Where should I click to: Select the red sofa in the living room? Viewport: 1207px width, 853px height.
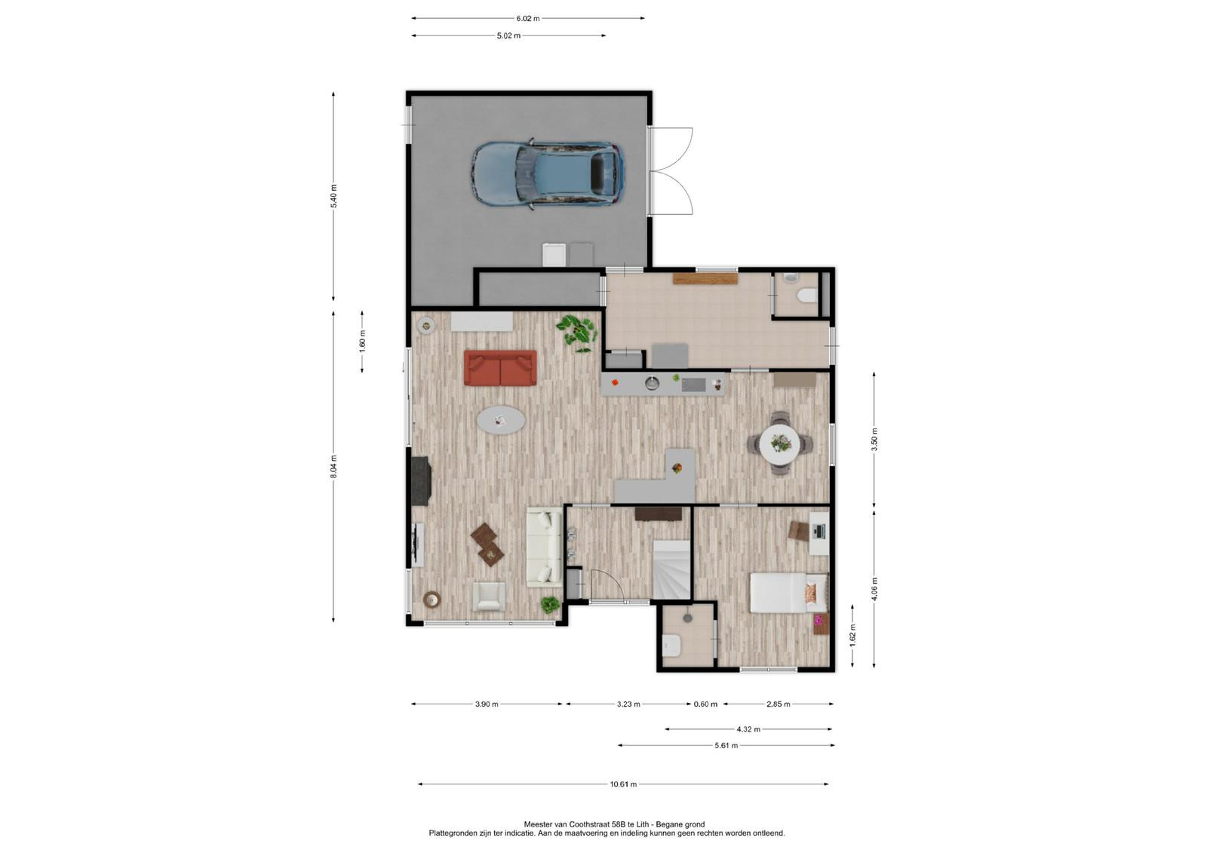[x=501, y=368]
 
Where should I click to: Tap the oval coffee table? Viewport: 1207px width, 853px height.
[x=124, y=420]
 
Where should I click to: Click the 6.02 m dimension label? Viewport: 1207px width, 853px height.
[x=527, y=18]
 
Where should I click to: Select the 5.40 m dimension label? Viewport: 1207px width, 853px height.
[x=333, y=196]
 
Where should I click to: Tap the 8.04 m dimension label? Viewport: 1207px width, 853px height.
[x=333, y=466]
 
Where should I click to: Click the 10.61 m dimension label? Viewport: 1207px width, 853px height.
[x=623, y=784]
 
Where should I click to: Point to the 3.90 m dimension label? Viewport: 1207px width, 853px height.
[x=487, y=704]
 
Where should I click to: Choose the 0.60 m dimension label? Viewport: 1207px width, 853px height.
[x=706, y=704]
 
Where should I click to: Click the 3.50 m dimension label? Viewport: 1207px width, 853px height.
[x=874, y=439]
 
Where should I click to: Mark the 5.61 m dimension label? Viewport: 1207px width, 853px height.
[x=726, y=745]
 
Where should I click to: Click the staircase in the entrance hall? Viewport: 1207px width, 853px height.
[x=671, y=569]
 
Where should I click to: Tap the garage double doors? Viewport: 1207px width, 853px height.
[x=671, y=171]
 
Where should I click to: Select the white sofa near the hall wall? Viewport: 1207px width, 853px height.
[x=544, y=547]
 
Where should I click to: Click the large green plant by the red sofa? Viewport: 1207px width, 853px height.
[x=577, y=333]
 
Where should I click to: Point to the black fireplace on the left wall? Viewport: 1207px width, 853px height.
[x=421, y=480]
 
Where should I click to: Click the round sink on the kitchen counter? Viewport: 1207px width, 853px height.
[x=653, y=383]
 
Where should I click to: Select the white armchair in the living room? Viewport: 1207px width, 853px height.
[x=489, y=597]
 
